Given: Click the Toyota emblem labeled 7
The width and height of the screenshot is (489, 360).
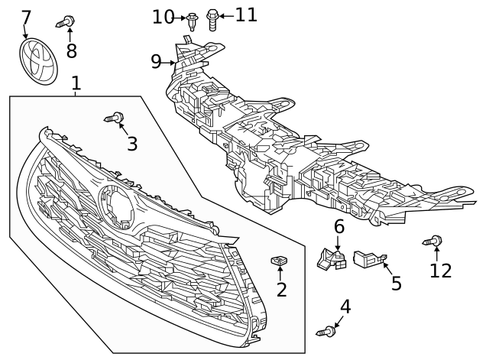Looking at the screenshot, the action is coord(39,61).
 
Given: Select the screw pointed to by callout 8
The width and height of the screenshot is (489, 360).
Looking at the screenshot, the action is coord(65,22).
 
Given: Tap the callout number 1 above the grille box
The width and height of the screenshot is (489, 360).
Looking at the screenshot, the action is coord(76,83).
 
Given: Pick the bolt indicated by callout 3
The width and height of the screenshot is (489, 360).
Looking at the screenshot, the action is coord(114,118).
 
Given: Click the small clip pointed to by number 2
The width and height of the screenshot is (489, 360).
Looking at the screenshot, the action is coord(279,261).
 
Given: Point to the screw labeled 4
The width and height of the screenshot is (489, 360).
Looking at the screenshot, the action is coord(326,331).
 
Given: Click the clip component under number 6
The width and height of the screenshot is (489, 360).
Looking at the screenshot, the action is coord(332,258).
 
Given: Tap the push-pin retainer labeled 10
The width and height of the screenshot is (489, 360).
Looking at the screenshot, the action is coord(192,21).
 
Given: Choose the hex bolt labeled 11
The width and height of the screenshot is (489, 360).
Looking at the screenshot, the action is coord(212,20).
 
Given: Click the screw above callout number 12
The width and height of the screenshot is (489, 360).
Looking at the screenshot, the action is coord(432,241).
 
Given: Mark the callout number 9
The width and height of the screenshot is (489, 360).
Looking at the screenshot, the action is coord(156,61).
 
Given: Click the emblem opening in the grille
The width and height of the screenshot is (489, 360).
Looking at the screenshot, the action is coord(117,206).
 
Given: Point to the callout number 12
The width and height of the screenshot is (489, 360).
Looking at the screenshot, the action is coord(441,271).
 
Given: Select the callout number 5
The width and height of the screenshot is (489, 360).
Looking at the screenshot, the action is coord(396,284).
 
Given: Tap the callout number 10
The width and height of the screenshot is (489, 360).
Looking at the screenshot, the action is coord(163,17).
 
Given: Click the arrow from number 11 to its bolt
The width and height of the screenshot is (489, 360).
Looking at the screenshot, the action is coord(226,15).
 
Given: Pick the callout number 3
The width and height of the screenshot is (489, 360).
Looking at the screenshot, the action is coord(132,144).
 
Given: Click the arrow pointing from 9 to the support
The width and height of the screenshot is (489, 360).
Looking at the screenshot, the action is coord(168,63).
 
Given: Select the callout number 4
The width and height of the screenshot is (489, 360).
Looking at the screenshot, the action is coord(345,306).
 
